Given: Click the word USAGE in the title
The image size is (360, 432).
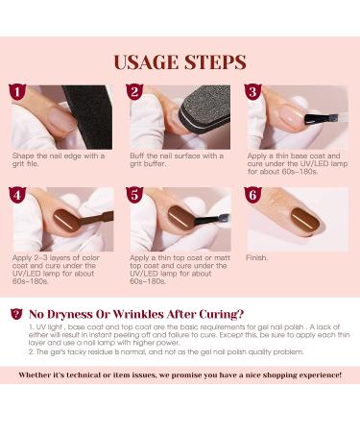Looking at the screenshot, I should [147, 62].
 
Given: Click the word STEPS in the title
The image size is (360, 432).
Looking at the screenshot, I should [213, 62].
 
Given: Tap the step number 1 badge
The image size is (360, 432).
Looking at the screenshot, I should [14, 92].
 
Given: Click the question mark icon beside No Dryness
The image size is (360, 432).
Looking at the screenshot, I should [14, 312].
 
